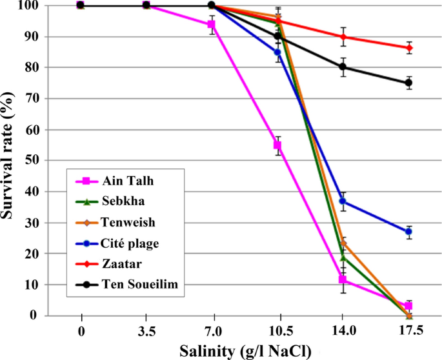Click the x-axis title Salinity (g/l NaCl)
(x=245, y=350)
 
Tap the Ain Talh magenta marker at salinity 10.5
(x=277, y=146)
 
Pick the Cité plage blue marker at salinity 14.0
(x=343, y=201)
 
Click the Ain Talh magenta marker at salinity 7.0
(x=211, y=25)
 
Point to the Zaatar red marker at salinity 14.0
(x=343, y=37)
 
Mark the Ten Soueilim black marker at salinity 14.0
(x=343, y=67)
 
